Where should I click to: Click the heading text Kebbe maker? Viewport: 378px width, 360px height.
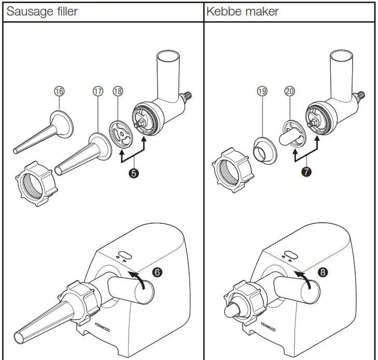[x=243, y=11]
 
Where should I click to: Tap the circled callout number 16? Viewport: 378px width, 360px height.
[x=60, y=91]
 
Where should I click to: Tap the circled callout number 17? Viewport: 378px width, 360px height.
[x=97, y=91]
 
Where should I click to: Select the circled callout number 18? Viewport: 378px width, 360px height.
[x=118, y=91]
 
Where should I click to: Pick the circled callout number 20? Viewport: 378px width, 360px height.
[x=290, y=91]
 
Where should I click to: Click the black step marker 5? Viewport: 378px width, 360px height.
[x=134, y=174]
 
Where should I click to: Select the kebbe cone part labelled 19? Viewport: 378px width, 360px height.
[x=266, y=150]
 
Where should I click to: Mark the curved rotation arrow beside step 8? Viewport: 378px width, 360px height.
[x=304, y=280]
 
